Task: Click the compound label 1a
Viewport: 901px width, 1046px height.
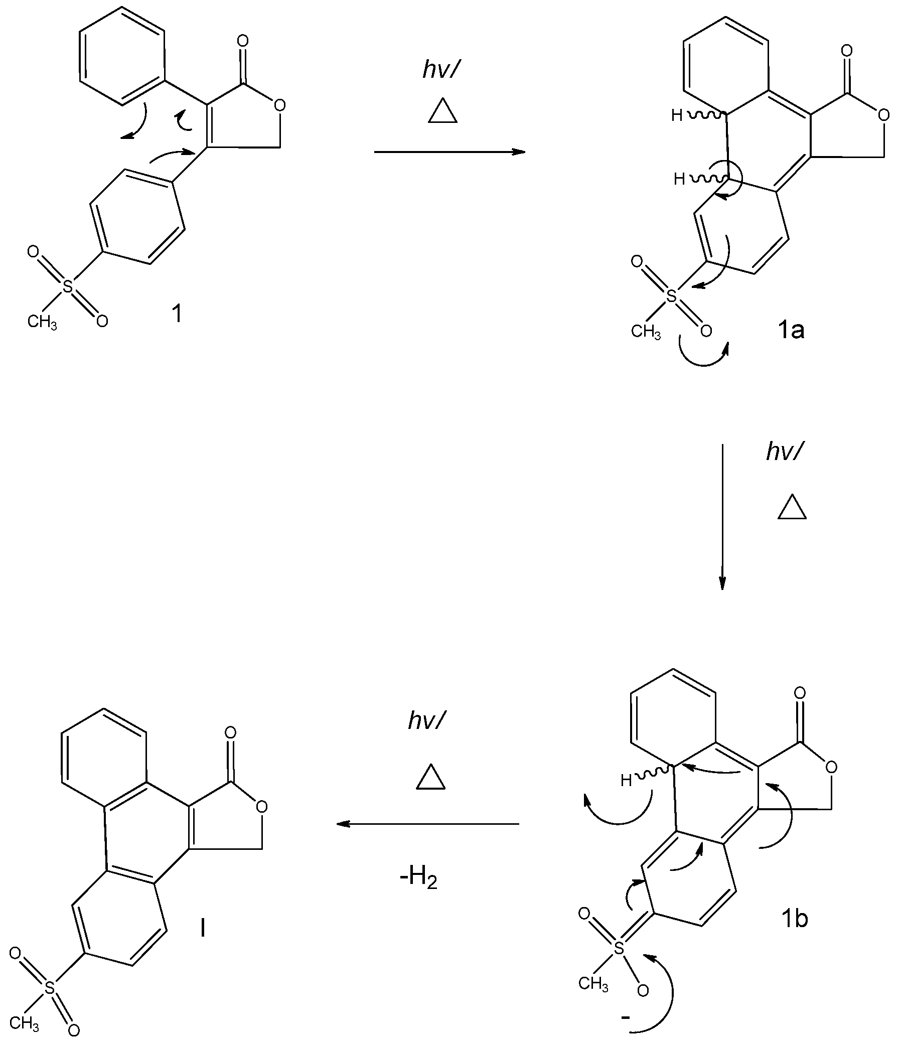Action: pos(791,330)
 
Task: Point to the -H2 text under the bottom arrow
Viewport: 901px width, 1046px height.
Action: pos(418,878)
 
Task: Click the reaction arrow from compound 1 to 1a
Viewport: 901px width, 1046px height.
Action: pos(449,152)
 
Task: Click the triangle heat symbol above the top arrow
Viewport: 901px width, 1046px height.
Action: pos(442,111)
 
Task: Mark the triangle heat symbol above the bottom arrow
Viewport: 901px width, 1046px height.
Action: pos(430,778)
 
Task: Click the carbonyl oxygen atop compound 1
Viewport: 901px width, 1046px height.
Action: pos(243,41)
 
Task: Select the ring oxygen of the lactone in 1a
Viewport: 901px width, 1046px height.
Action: pos(883,115)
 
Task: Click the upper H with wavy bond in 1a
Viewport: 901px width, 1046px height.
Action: pos(677,115)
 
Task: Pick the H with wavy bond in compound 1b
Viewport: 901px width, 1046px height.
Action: pos(627,781)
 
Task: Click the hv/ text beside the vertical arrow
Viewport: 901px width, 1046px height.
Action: pos(784,451)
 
